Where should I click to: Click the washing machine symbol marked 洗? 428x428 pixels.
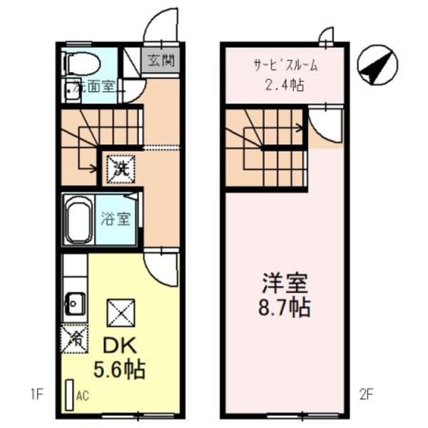point(119,169)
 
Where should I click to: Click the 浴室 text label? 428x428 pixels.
point(118,218)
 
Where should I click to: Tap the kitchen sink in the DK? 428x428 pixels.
point(74,304)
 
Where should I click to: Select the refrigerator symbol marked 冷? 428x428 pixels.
point(73,336)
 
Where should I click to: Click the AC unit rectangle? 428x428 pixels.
point(70,394)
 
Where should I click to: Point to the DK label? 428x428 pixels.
point(121,346)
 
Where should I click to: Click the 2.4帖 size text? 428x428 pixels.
point(284,85)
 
